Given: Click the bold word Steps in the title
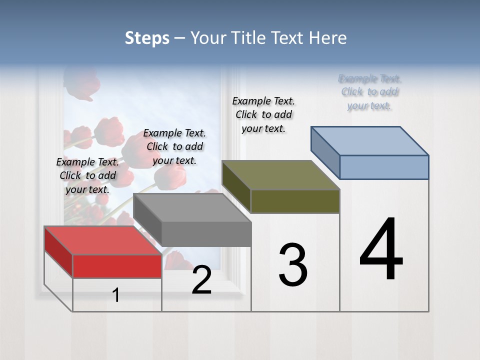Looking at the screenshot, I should click(147, 38).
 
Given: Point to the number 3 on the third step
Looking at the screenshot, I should click(293, 265).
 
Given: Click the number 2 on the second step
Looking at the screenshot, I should click(201, 280).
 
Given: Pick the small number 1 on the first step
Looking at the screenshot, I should click(116, 295).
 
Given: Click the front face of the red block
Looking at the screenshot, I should click(117, 266).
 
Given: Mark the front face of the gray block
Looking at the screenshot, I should click(206, 234).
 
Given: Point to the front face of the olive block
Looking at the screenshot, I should click(295, 201).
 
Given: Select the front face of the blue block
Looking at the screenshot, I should click(384, 167).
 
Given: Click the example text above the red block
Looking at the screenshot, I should click(87, 175).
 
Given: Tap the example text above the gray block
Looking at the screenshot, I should click(174, 146).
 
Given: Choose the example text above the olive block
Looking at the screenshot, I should click(263, 114).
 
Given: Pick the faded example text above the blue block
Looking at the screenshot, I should click(370, 92).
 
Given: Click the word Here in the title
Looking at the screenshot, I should click(328, 38).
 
